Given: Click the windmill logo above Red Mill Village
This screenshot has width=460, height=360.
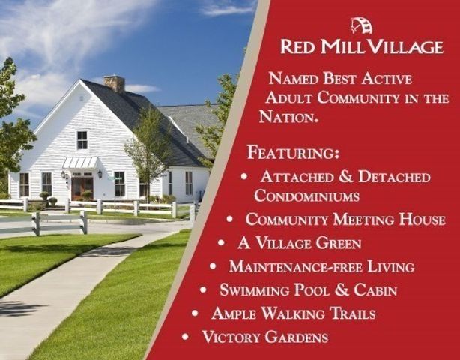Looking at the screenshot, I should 361,25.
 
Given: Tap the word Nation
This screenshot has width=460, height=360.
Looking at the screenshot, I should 288,117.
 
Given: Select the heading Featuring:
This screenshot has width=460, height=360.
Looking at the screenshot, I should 293,153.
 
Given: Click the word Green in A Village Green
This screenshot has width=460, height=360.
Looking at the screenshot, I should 337,243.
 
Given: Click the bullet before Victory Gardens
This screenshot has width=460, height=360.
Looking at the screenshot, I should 187,336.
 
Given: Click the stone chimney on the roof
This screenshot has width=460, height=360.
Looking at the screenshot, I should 115,82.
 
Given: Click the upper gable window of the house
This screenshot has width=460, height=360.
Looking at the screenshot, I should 82,139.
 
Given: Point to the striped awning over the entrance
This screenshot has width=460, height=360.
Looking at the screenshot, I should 79,163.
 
